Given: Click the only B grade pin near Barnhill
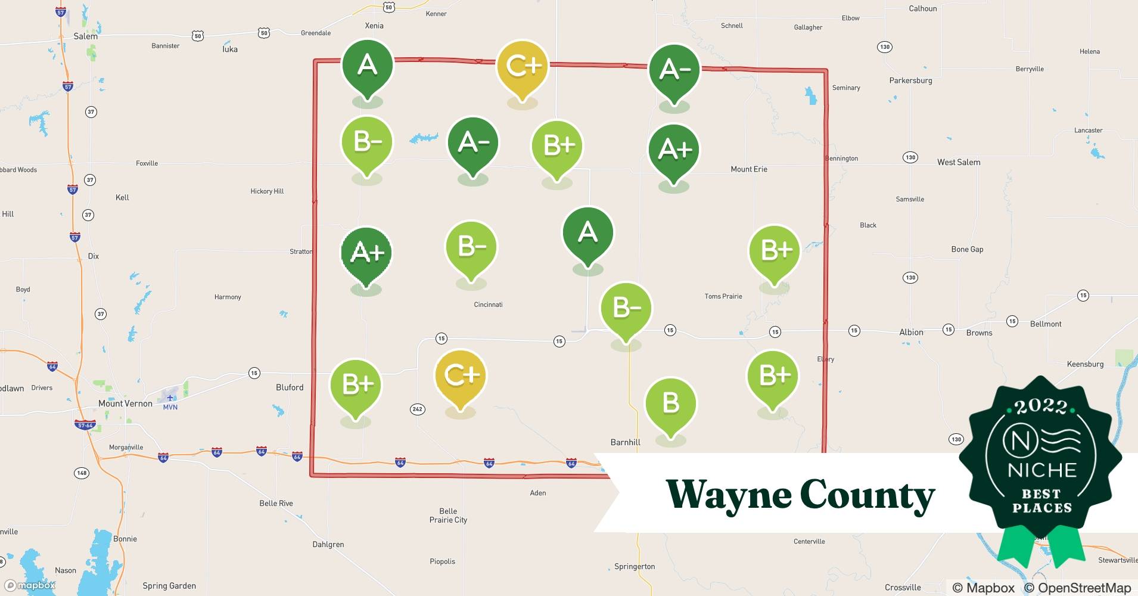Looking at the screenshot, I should pos(671,403).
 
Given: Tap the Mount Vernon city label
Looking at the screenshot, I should pos(125,403).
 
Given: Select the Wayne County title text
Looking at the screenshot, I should pos(800,495).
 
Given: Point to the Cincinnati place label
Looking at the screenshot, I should pos(488,305).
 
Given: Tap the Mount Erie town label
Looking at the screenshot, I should pos(749,169).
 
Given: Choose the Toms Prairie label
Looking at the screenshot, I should pos(723,296).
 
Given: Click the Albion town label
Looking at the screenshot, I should pos(911,333).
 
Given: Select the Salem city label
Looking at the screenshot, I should pos(85,36).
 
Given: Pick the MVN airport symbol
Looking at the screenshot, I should pos(170,398).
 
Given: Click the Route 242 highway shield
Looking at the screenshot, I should pos(417,409).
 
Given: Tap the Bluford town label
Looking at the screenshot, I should pos(290,387).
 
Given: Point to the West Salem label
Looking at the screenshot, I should pos(958,162).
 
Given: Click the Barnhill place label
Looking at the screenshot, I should pos(625,442).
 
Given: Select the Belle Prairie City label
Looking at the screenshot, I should pos(448,516).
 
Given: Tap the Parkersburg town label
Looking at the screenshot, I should pos(910,80).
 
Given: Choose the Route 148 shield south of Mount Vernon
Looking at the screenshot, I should pos(82,473).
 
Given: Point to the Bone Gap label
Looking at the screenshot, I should pos(967,249).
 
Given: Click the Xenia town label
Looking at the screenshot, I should pos(374,26).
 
